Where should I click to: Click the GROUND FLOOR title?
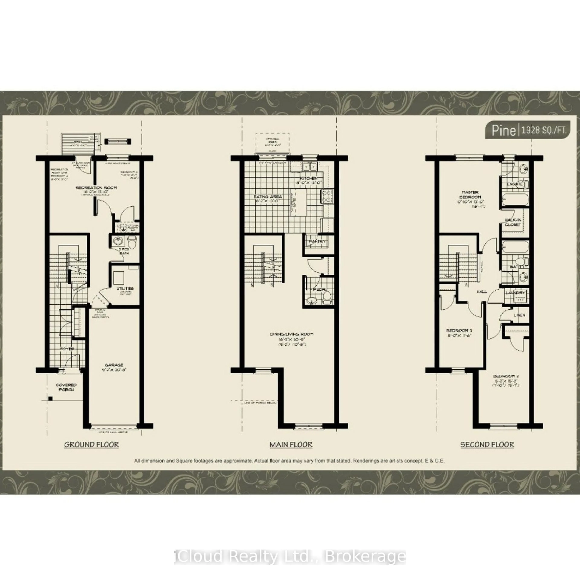point(92,445)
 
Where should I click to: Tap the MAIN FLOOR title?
point(291,445)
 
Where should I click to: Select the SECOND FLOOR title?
point(487,445)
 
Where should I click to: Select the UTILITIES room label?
point(125,288)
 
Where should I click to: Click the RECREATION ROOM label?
point(96,188)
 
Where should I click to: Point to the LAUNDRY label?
point(515,293)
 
